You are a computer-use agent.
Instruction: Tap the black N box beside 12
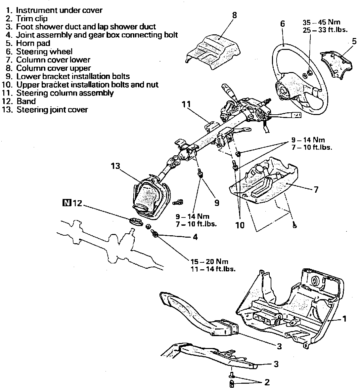click(67, 203)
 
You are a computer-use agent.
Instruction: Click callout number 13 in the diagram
click(115, 166)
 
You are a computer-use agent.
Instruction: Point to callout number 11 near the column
click(186, 104)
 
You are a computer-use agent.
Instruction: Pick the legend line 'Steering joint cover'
click(52, 109)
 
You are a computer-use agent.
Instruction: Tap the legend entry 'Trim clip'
click(31, 19)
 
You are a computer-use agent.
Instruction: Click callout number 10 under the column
click(240, 225)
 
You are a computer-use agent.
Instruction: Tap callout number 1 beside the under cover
click(344, 319)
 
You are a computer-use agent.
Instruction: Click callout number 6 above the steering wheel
click(282, 24)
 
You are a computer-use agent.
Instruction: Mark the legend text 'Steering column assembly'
click(65, 93)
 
